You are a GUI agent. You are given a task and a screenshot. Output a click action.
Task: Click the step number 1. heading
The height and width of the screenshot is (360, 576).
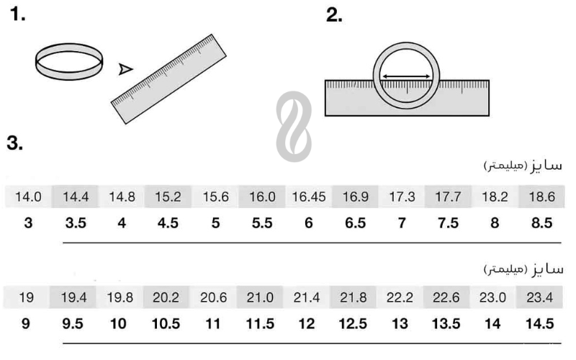click(x=17, y=14)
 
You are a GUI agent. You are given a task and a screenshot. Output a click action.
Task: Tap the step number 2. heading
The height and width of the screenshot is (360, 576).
click(x=334, y=15)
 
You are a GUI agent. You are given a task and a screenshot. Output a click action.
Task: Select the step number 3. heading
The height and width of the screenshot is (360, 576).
click(x=15, y=143)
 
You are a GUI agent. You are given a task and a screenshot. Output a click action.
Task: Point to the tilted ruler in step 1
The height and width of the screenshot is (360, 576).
click(x=168, y=79)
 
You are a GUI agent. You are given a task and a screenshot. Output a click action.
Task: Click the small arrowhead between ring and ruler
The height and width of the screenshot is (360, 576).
click(x=125, y=69)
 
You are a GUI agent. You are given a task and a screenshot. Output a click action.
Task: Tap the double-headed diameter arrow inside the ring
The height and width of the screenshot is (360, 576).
click(x=406, y=76)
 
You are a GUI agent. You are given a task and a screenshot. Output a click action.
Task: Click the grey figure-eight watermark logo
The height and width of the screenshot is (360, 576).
click(x=294, y=127)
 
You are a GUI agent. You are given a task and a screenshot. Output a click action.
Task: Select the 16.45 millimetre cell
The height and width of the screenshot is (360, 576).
click(x=309, y=197)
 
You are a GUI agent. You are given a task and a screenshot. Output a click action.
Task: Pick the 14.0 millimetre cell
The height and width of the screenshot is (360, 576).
click(x=28, y=197)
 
